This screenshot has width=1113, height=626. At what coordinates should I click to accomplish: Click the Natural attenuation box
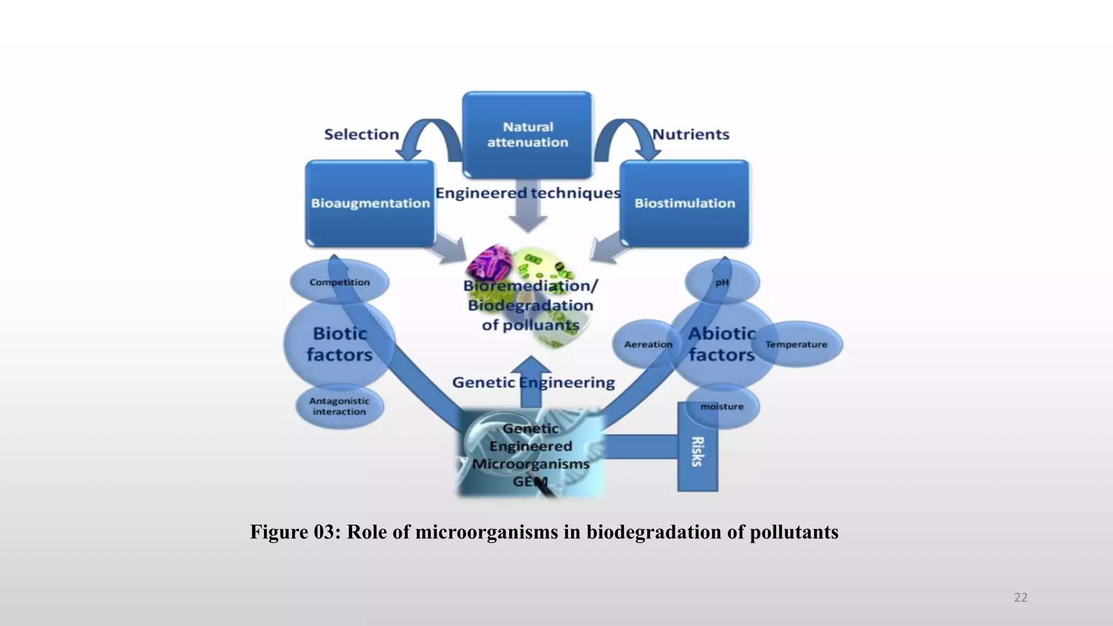(527, 135)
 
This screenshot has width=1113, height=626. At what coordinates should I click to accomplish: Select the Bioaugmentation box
(370, 203)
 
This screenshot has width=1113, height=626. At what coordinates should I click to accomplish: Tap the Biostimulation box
(685, 203)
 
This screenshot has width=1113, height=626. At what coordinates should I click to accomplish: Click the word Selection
(361, 134)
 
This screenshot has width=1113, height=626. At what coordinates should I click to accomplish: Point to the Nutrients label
(691, 134)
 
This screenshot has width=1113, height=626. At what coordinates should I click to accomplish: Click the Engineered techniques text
(528, 193)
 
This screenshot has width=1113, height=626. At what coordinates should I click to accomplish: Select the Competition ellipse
(340, 282)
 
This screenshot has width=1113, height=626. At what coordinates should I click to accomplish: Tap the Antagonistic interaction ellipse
(339, 406)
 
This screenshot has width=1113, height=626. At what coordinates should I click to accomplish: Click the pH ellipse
(722, 282)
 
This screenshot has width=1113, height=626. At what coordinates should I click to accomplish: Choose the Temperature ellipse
(796, 345)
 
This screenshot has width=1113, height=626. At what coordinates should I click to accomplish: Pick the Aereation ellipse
(648, 345)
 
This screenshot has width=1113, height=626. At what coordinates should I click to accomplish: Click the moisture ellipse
(722, 406)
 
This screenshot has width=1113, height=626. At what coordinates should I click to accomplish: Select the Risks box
(697, 451)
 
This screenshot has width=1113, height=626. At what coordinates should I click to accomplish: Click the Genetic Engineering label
(533, 383)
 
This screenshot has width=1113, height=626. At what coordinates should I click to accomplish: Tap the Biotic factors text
(340, 344)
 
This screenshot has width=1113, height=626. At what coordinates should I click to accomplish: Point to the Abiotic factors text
(722, 344)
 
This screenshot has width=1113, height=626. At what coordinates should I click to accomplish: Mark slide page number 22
(1021, 598)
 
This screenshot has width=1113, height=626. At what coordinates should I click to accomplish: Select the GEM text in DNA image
(530, 482)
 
